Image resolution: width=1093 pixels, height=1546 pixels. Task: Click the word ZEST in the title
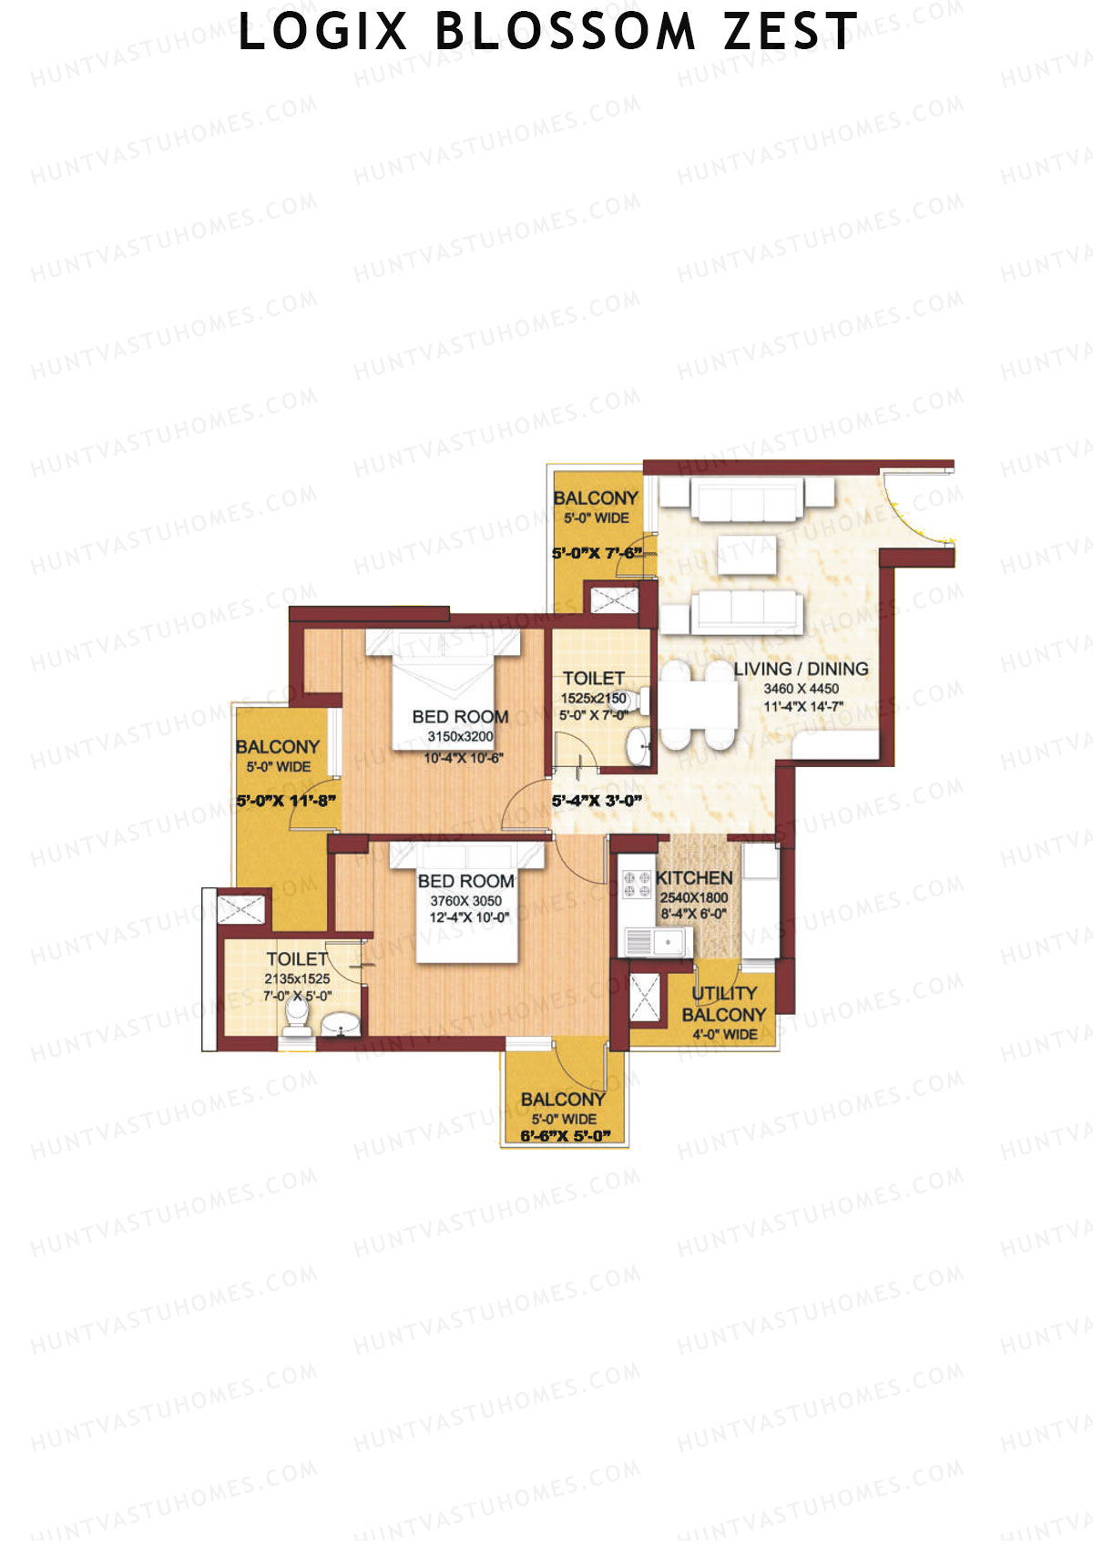(x=790, y=32)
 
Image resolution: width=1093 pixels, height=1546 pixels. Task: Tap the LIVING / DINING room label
(x=802, y=668)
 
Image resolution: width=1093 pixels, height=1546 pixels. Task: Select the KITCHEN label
(x=694, y=878)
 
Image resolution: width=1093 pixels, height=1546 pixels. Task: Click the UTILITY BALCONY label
(x=724, y=1004)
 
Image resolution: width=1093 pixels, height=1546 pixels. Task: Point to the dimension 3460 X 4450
(x=802, y=688)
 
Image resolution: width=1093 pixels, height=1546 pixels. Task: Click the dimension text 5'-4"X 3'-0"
(x=597, y=801)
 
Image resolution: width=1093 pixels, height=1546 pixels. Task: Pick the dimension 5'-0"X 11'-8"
(x=286, y=801)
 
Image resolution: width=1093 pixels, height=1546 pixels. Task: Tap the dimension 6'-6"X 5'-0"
(x=565, y=1135)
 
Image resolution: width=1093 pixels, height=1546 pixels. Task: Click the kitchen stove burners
(x=637, y=884)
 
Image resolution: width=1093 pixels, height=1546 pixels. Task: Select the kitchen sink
(x=658, y=941)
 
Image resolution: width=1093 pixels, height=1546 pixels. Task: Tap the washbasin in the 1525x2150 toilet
(x=639, y=745)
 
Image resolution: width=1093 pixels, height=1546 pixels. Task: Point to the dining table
(x=697, y=705)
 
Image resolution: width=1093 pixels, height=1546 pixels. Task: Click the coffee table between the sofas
(x=747, y=555)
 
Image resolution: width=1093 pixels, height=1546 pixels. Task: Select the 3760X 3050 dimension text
(x=465, y=901)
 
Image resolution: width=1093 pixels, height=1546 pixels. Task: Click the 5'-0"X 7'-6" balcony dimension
(x=598, y=552)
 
